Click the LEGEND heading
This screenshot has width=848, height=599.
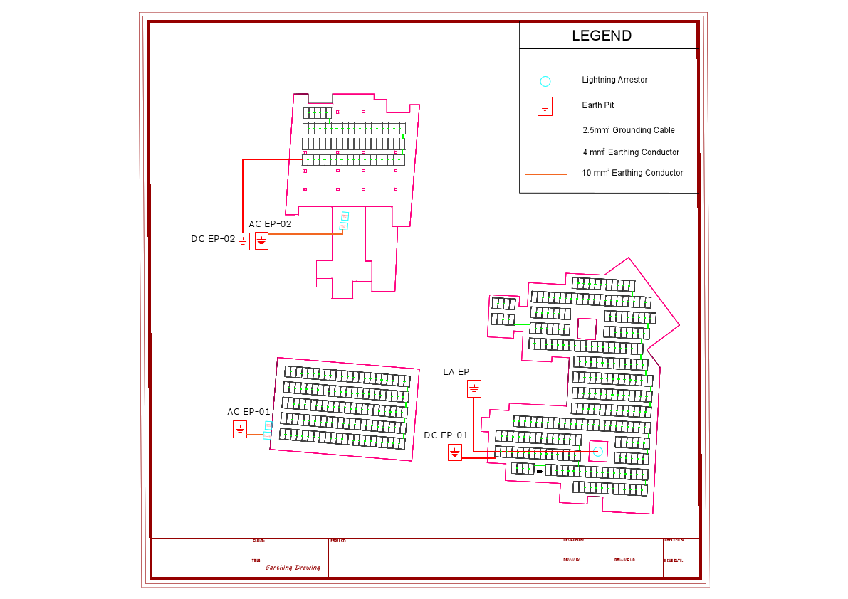point(602,36)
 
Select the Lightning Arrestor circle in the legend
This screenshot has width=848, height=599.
point(545,81)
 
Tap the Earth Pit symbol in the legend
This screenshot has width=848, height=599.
point(545,107)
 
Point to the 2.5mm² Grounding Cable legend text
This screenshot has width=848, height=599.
point(628,130)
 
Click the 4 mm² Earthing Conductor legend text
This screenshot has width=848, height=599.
point(630,152)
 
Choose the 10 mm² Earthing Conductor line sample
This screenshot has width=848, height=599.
point(546,174)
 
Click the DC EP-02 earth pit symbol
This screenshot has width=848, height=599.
point(243,241)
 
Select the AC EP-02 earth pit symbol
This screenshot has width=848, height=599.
point(262,241)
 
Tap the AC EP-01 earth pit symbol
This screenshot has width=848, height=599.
point(240,429)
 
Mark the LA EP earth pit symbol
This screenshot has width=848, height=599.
point(474,388)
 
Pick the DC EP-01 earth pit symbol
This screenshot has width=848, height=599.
point(455,452)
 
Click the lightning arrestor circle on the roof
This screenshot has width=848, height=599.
point(598,452)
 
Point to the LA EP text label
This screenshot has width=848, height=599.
point(456,372)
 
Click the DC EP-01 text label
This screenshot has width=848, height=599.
point(446,435)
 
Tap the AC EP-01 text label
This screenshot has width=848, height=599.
point(248,412)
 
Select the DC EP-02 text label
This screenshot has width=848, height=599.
point(212,239)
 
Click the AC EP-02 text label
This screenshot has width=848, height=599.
point(270,223)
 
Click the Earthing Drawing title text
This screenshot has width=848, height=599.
point(293,568)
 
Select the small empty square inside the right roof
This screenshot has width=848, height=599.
point(587,329)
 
